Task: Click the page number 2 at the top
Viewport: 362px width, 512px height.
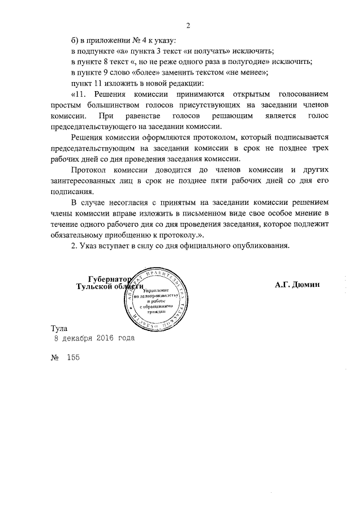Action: click(188, 25)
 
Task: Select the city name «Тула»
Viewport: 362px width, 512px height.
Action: click(59, 329)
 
